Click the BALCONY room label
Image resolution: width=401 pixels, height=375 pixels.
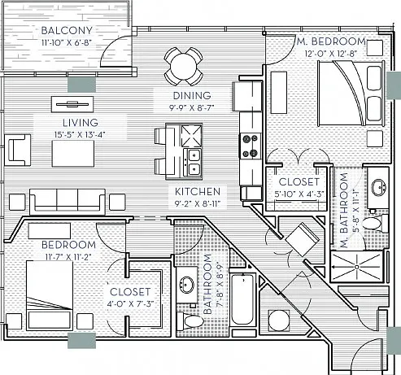pyautogui.click(x=67, y=30)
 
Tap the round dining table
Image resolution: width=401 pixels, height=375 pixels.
pyautogui.click(x=183, y=66)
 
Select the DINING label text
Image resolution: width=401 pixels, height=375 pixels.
pyautogui.click(x=192, y=95)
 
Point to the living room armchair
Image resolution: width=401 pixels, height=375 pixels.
pyautogui.click(x=18, y=150)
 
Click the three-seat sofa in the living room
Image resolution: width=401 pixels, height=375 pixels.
pyautogui.click(x=68, y=200)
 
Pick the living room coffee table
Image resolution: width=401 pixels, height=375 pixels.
pyautogui.click(x=73, y=154)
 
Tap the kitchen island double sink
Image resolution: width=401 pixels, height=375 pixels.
pyautogui.click(x=194, y=162)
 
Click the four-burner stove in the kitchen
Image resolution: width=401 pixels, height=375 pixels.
pyautogui.click(x=251, y=146)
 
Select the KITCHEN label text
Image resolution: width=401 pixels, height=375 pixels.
pyautogui.click(x=198, y=191)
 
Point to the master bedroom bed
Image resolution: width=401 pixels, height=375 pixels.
pyautogui.click(x=351, y=93)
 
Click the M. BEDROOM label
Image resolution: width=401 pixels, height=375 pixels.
pyautogui.click(x=331, y=41)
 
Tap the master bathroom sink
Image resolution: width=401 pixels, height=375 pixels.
pyautogui.click(x=379, y=187)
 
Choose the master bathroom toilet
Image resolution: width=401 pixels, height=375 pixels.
pyautogui.click(x=374, y=223)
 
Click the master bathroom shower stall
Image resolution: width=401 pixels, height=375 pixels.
pyautogui.click(x=357, y=267)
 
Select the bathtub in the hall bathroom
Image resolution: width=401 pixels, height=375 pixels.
pyautogui.click(x=242, y=299)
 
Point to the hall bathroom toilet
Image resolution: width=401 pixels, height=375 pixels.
pyautogui.click(x=190, y=320)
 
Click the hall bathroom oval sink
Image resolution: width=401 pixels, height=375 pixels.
pyautogui.click(x=186, y=285)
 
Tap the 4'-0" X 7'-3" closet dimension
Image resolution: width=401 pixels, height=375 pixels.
pyautogui.click(x=130, y=303)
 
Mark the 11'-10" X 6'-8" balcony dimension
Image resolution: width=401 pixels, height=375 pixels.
pyautogui.click(x=67, y=42)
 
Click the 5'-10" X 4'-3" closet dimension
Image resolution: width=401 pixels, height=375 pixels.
pyautogui.click(x=299, y=194)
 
